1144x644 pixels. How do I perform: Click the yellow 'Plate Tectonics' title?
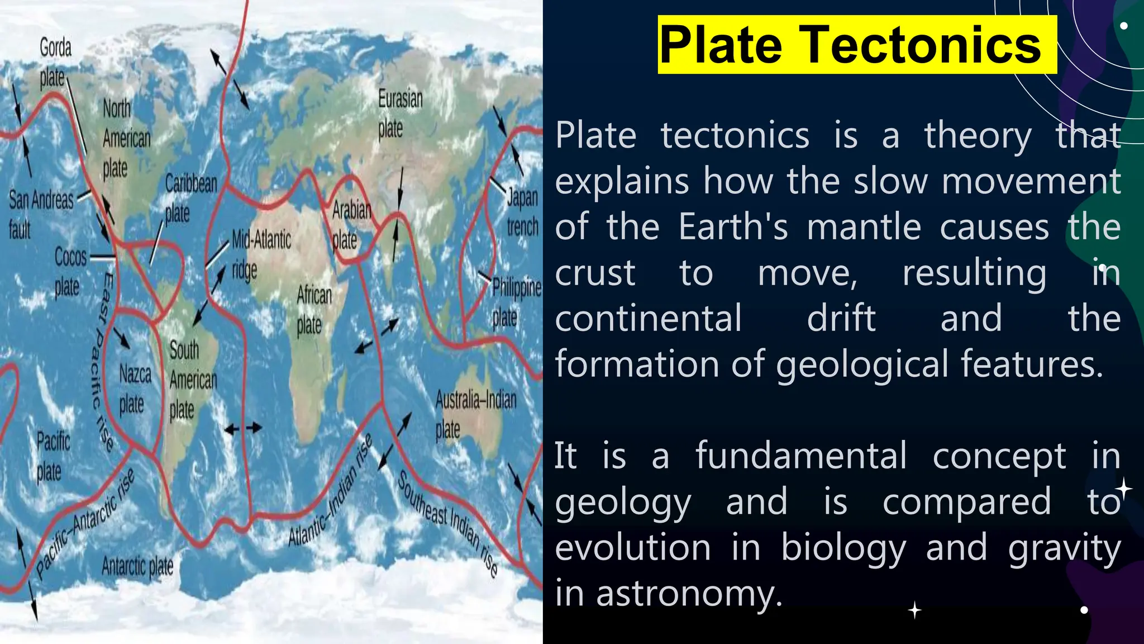coord(856,45)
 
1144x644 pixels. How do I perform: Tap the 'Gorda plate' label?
coord(55,62)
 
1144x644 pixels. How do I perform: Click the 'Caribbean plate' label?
coord(190,198)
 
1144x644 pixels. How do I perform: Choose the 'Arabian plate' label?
coord(350,225)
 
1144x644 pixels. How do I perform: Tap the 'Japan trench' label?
coord(522,212)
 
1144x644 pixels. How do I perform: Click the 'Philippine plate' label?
coord(514,302)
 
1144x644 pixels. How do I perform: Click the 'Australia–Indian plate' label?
coord(475,414)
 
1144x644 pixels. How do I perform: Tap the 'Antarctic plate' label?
coord(137,566)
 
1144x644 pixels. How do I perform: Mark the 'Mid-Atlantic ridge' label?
coord(260,254)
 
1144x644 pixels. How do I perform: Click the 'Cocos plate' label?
coord(69,272)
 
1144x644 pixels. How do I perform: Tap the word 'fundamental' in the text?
coord(801,456)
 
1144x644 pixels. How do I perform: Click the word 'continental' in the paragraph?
coord(648,318)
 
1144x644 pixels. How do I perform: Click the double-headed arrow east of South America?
coord(242,429)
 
